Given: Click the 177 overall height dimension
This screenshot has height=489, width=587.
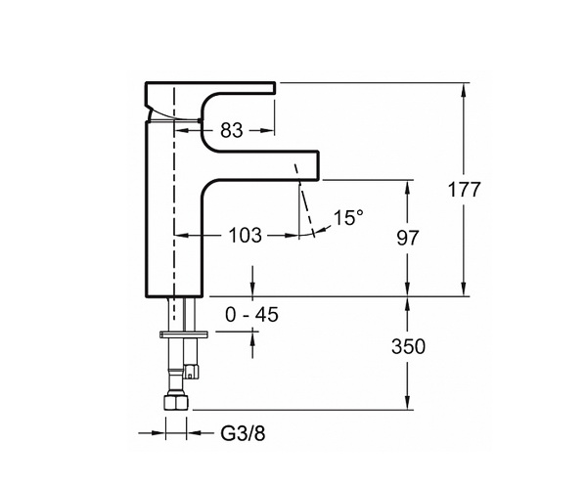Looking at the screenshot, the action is (464, 190).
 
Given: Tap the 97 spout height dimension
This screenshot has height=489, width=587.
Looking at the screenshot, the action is (408, 238).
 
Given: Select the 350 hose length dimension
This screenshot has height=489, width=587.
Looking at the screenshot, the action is (408, 346).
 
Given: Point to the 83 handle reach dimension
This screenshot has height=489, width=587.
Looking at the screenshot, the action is (232, 131).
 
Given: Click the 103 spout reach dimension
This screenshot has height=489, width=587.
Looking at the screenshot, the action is (246, 236).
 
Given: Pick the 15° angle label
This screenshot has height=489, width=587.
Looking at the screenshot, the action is (348, 217).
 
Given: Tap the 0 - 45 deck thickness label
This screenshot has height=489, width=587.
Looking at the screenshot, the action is (252, 314).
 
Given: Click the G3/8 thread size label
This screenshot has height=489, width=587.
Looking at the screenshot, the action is (243, 433).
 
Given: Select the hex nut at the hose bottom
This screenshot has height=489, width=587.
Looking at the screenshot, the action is (176, 403).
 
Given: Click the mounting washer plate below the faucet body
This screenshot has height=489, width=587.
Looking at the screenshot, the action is (184, 334).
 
